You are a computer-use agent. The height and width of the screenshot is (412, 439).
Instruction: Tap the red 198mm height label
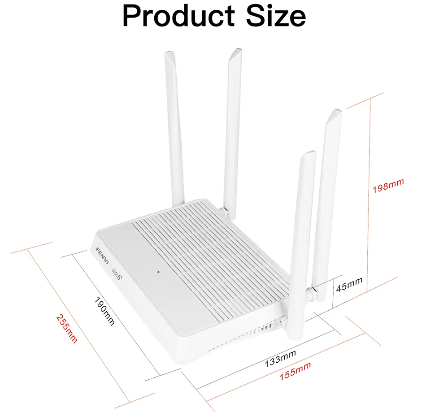click(x=388, y=185)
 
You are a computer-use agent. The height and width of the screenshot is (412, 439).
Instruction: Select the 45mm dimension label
click(x=349, y=283)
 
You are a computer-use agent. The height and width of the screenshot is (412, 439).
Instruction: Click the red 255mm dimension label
click(x=66, y=329)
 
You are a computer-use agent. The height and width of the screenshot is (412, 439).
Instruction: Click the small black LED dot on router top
click(x=159, y=271)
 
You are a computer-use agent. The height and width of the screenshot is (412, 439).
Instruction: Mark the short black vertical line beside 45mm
click(x=332, y=291)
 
